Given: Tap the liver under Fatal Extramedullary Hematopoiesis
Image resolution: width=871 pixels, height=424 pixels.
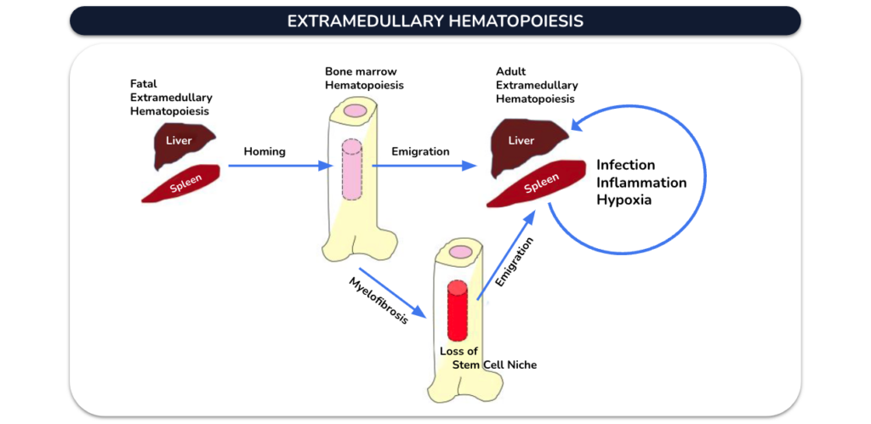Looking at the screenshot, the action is click(x=184, y=145).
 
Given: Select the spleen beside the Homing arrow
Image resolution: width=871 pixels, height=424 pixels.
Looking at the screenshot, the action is click(x=182, y=184).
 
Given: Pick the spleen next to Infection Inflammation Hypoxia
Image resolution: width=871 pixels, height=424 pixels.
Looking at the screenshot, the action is click(x=537, y=184).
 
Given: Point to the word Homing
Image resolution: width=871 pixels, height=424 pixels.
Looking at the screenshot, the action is click(x=265, y=151).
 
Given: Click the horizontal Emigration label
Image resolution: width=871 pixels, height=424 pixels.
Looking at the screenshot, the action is click(x=420, y=151).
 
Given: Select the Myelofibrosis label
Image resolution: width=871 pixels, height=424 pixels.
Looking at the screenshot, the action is click(x=379, y=300).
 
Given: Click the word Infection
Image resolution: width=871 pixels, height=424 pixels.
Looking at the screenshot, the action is click(x=625, y=165).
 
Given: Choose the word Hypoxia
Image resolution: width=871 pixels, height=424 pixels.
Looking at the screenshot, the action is click(x=623, y=200).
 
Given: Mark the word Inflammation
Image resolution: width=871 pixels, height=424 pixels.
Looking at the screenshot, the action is click(x=641, y=182).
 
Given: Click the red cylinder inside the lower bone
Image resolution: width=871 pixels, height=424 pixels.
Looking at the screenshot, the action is click(x=457, y=310).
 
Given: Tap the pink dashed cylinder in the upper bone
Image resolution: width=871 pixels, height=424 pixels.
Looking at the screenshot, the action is click(x=351, y=169).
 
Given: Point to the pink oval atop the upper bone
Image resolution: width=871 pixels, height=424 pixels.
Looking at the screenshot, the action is click(x=354, y=110).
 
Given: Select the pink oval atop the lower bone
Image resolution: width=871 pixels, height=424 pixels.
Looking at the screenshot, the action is click(x=460, y=252).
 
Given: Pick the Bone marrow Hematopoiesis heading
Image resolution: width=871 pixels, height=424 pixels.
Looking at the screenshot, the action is click(x=364, y=78).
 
